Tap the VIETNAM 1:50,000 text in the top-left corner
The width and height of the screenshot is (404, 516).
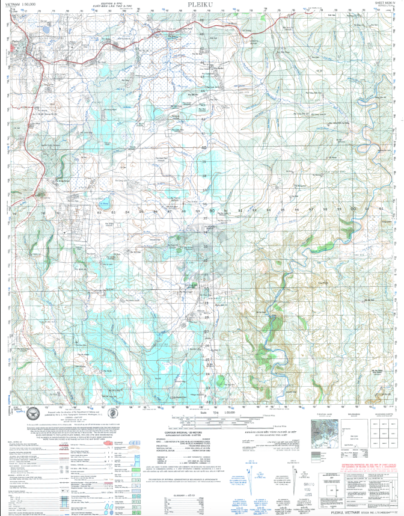coord(21,4)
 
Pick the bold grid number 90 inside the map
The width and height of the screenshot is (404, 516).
coord(212,210)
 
